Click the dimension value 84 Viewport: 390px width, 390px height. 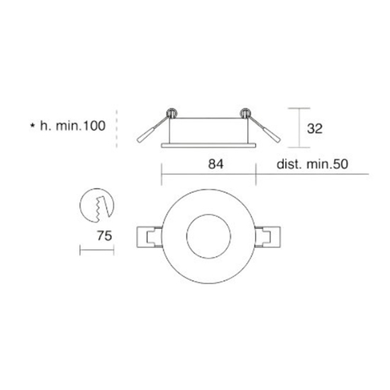(x=216, y=164)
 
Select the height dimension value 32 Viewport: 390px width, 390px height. (x=315, y=128)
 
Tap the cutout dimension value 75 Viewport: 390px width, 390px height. (x=104, y=236)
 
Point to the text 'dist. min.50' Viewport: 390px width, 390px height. (x=313, y=165)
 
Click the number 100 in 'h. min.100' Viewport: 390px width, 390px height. (x=94, y=126)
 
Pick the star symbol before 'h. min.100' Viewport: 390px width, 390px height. (x=33, y=126)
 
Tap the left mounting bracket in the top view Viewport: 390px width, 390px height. (x=149, y=237)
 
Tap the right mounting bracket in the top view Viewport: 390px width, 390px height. (x=268, y=237)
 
